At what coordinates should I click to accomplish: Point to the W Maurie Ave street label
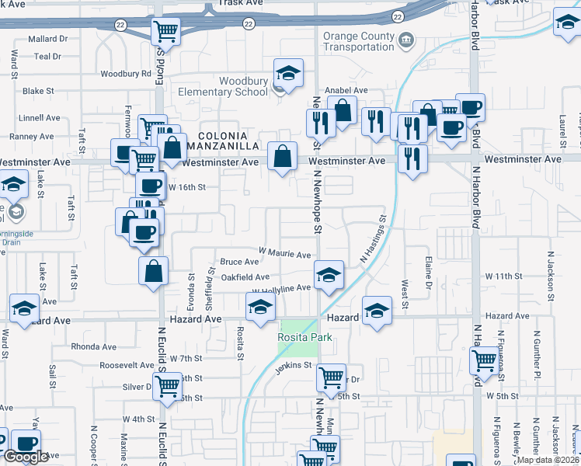point(285,254)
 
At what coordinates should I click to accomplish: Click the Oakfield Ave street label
point(245,276)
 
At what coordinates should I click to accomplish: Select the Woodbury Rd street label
point(126,74)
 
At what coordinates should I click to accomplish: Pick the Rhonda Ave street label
point(92,346)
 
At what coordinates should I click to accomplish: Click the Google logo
point(25,457)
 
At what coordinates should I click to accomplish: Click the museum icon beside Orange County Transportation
point(405,40)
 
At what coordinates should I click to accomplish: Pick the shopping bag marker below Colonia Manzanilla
point(281,157)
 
